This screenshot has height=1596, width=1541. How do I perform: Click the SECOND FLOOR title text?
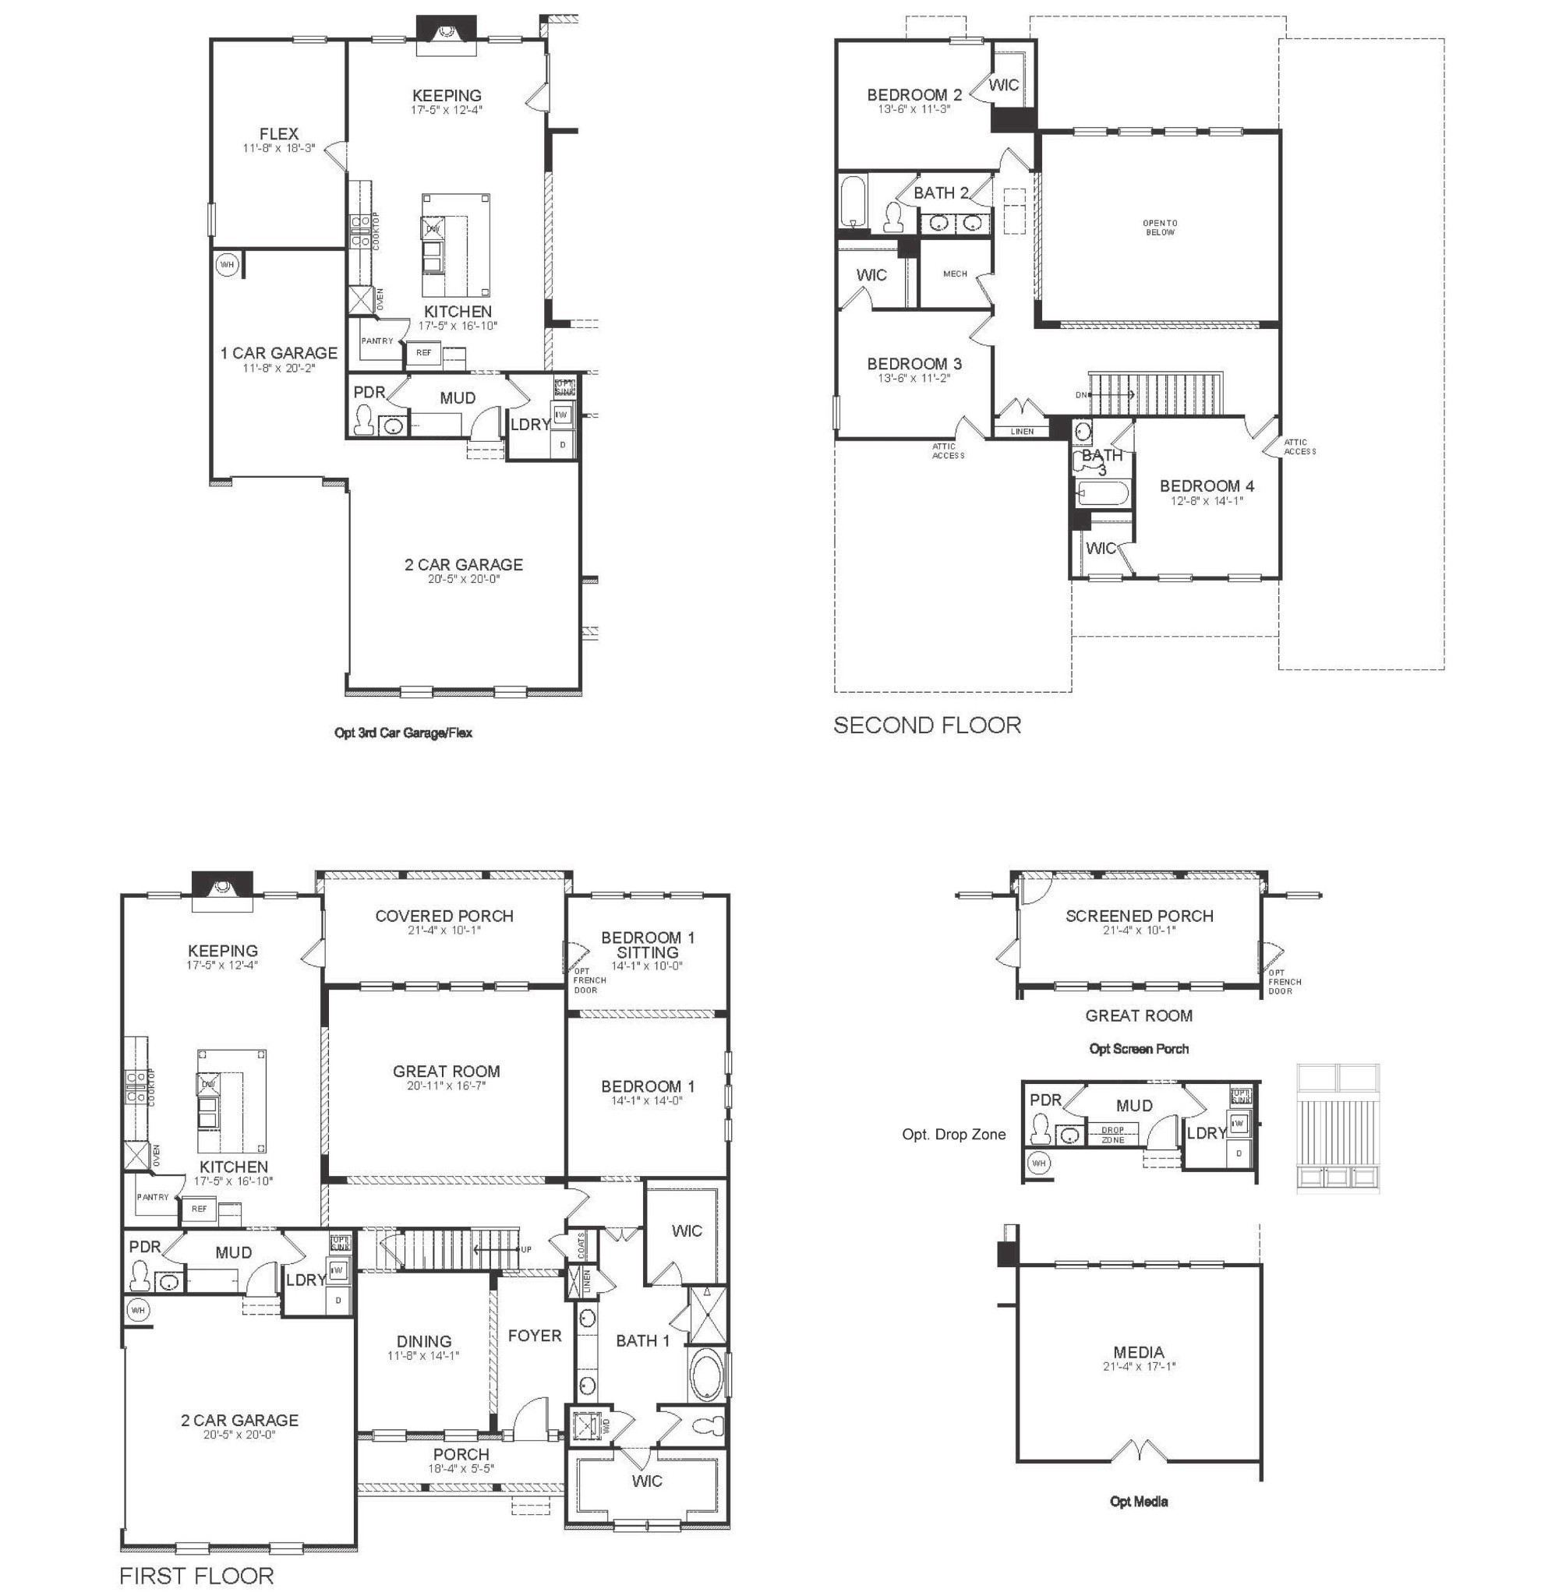[x=926, y=725]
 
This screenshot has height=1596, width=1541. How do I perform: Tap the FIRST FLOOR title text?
[x=196, y=1576]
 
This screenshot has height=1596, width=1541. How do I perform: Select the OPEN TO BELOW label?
[x=1159, y=228]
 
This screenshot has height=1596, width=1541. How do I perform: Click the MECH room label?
[x=955, y=274]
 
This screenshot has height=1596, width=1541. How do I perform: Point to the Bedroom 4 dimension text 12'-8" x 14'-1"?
[x=1207, y=501]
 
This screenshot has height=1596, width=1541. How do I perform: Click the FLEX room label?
[x=278, y=133]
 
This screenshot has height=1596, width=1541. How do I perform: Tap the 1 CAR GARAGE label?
[x=278, y=352]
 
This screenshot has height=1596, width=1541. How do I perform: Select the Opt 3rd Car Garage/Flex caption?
[x=403, y=732]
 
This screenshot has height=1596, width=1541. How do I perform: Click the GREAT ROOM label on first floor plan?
[x=446, y=1072]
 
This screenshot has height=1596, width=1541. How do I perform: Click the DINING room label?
[x=423, y=1341]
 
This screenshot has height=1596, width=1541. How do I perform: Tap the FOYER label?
[x=534, y=1336]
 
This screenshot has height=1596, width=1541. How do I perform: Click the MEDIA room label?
[x=1139, y=1353]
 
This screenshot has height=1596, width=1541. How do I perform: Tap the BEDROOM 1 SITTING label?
[x=648, y=945]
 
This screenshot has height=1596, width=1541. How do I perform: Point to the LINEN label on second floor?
[x=1021, y=432]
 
